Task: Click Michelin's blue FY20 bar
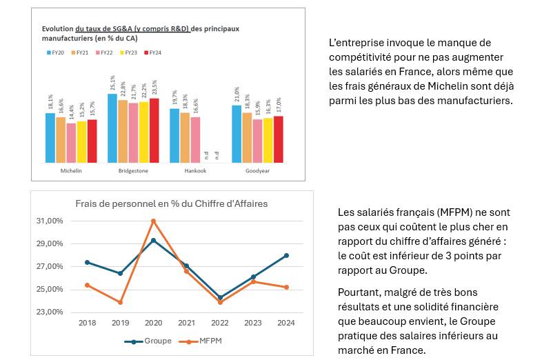tap(50, 137)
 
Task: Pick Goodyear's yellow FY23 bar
tap(268, 140)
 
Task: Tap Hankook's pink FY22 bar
tap(195, 139)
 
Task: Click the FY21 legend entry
tap(79, 52)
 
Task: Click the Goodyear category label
tap(257, 170)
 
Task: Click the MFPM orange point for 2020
tap(153, 221)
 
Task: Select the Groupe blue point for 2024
tap(286, 255)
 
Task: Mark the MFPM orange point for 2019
tap(120, 302)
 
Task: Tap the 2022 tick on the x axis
tap(220, 323)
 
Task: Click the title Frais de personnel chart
tap(171, 203)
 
